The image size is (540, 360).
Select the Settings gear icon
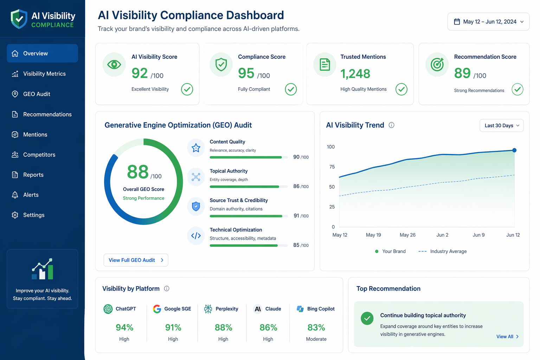point(15,215)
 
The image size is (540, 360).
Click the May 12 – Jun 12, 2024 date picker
point(488,22)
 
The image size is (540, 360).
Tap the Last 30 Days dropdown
point(501,126)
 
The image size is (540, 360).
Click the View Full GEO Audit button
point(136,260)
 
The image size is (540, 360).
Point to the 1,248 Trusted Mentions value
point(355,73)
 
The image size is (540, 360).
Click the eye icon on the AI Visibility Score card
point(114,64)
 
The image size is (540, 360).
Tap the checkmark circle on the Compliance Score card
point(291,89)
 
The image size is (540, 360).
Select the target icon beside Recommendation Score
point(437,64)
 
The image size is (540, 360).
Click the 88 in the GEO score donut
point(138,172)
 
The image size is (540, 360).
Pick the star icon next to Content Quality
point(196,148)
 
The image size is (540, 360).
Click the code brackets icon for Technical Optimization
point(196,236)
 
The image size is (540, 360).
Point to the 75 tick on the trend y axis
point(332,167)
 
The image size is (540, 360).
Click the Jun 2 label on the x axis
point(442,235)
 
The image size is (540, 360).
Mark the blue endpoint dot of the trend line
point(514,150)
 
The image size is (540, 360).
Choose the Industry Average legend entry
point(442,251)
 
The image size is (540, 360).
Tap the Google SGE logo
point(157,309)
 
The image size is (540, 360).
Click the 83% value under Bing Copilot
point(316,327)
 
